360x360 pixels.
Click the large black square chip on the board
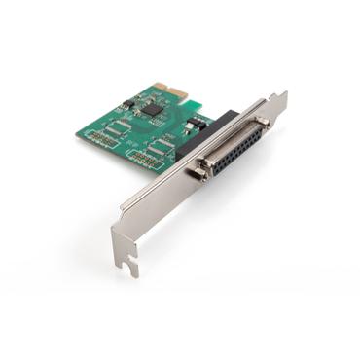coord(153,110)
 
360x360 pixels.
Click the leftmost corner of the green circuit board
coord(81,137)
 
